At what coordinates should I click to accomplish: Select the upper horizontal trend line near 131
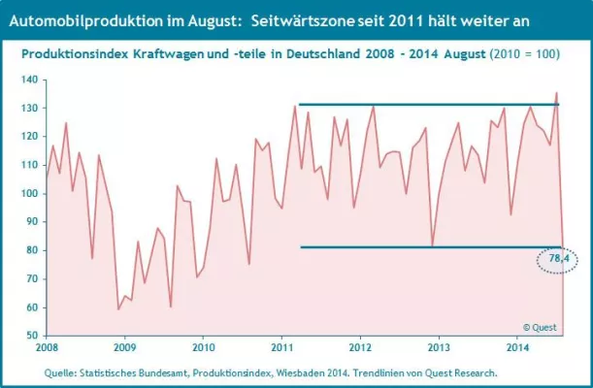coord(427,105)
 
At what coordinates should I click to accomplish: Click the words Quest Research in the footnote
coord(464,372)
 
